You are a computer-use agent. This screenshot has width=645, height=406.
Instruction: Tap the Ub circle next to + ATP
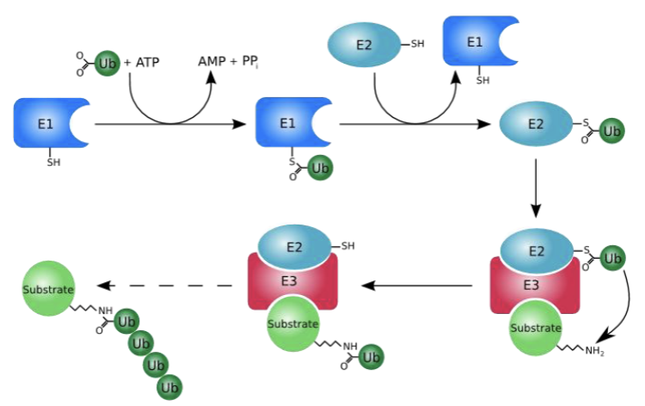click(x=107, y=63)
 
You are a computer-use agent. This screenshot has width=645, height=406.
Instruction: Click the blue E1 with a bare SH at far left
click(x=44, y=123)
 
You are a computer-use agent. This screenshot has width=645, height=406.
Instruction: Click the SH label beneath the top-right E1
click(x=483, y=81)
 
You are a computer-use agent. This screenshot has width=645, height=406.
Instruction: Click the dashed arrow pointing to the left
click(x=168, y=286)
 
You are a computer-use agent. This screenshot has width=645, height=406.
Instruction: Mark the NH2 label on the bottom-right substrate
click(x=594, y=352)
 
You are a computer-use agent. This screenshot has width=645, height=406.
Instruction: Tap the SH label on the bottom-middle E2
click(x=349, y=246)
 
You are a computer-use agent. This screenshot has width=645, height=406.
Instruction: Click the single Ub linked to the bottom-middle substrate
click(x=372, y=354)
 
